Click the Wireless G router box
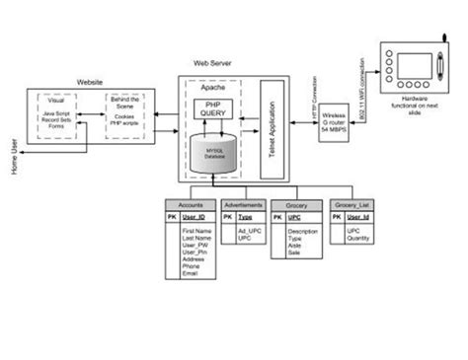point(334,128)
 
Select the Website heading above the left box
point(91,82)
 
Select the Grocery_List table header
point(351,204)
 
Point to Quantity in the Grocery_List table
point(357,238)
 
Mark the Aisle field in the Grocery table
point(295,246)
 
